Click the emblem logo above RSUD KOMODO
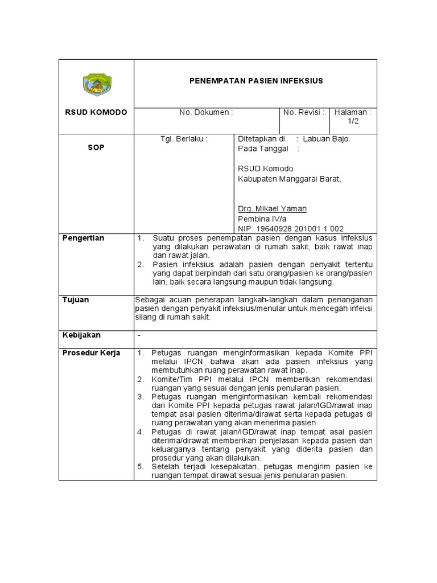pos(97,84)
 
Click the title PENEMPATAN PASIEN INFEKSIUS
pos(256,81)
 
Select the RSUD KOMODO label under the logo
pos(96,113)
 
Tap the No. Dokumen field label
pos(206,113)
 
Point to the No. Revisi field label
pos(304,113)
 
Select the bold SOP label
pos(96,147)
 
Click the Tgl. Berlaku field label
pos(184,138)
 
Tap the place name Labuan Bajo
pos(327,138)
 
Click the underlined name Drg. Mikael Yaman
pos(271,209)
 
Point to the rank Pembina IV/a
pos(262,219)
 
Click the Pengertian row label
pos(83,238)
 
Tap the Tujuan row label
pos(76,300)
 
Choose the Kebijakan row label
pos(81,335)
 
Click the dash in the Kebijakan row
pos(139,336)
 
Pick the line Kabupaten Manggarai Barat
pos(288,179)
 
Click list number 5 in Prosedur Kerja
pos(141,467)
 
